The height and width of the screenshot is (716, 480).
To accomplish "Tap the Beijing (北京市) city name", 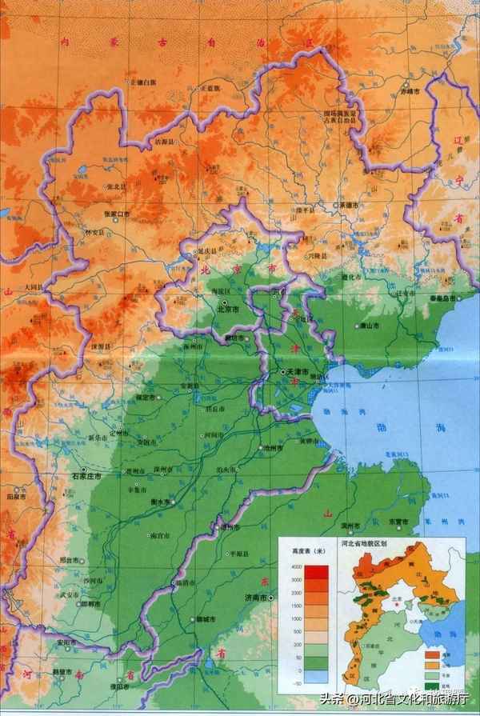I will coord(228,308).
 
